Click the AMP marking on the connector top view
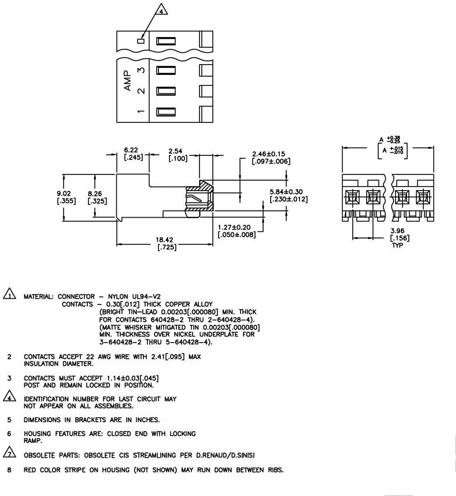pos(127,80)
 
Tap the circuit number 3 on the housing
pos(141,70)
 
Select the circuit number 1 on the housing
pos(141,111)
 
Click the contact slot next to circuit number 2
pos(166,91)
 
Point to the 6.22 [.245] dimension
pos(133,154)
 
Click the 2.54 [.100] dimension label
pos(177,155)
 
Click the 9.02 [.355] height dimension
pos(66,197)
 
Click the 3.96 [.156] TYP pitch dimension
pos(399,238)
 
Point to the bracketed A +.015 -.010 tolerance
pos(393,150)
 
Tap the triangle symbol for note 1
pos(9,294)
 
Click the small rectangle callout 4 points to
pos(141,41)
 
